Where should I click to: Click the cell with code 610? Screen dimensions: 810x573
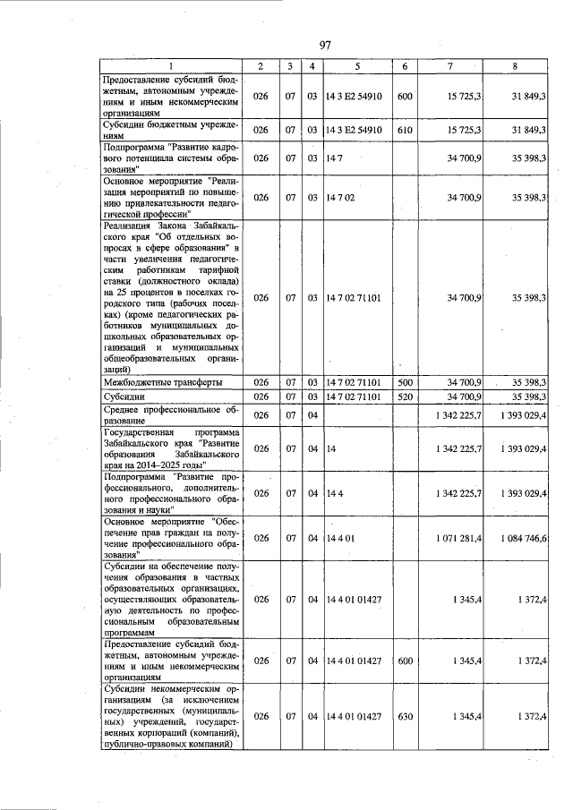tap(405, 130)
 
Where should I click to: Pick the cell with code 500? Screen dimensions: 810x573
tap(405, 382)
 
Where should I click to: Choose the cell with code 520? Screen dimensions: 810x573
tap(405, 396)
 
